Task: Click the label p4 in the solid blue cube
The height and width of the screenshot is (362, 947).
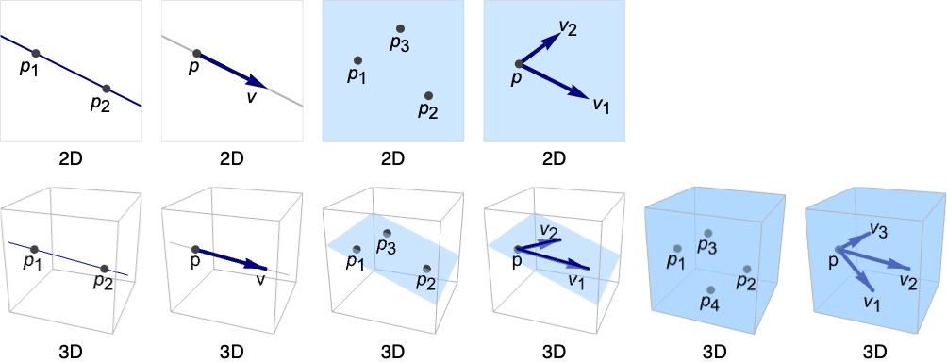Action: pyautogui.click(x=709, y=304)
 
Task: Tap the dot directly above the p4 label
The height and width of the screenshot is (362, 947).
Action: pyautogui.click(x=711, y=290)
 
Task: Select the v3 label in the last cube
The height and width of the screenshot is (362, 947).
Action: pyautogui.click(x=878, y=229)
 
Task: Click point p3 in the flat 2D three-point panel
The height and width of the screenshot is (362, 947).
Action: pyautogui.click(x=400, y=28)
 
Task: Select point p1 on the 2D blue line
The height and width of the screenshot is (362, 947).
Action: pyautogui.click(x=36, y=53)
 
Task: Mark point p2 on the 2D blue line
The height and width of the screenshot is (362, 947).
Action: pyautogui.click(x=107, y=89)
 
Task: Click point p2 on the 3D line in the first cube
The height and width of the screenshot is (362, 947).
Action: pyautogui.click(x=105, y=269)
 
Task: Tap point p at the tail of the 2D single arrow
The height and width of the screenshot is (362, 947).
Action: pyautogui.click(x=196, y=53)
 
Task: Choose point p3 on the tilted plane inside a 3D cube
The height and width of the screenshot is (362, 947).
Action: pyautogui.click(x=387, y=233)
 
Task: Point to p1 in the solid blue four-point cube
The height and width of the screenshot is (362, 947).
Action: pyautogui.click(x=677, y=248)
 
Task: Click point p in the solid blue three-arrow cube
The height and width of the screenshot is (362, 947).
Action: pyautogui.click(x=837, y=249)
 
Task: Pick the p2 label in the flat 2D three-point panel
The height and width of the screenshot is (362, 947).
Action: pyautogui.click(x=428, y=110)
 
